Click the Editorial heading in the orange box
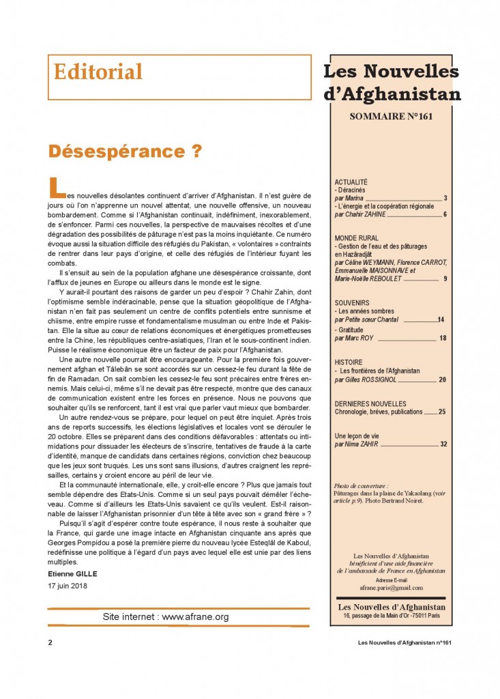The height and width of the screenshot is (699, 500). point(98,72)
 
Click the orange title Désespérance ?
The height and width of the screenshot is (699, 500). point(125,152)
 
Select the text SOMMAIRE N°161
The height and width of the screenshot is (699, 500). point(391,116)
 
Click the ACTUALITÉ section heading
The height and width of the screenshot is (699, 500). point(351,182)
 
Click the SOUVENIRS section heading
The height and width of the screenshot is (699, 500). point(353,302)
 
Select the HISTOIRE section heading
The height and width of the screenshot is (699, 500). point(349,362)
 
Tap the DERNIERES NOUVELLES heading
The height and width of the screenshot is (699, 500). point(370,403)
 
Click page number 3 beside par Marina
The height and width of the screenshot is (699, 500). point(445,199)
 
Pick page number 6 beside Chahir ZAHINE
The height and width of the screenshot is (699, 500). point(445,214)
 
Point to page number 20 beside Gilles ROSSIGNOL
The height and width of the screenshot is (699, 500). point(443,380)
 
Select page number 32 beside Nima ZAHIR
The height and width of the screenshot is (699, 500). point(443,444)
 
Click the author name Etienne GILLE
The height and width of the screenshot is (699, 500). point(73,573)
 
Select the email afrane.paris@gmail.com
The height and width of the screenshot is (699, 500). point(391,587)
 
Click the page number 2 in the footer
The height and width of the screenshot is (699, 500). point(50,642)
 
